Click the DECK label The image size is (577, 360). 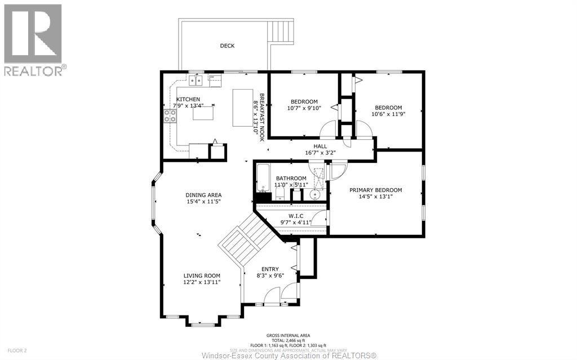click(227, 46)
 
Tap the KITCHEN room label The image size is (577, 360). click(172, 100)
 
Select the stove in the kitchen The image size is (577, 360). click(169, 116)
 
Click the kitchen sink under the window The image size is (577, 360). click(196, 81)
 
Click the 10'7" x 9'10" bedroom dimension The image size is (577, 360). click(304, 108)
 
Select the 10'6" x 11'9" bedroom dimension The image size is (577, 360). click(388, 114)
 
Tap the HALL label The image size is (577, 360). click(320, 146)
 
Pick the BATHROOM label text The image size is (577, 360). click(291, 179)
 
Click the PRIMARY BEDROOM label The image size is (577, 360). click(375, 190)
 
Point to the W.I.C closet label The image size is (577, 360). click(296, 215)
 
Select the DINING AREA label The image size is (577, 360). click(203, 195)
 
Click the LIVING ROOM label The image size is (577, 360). click(201, 275)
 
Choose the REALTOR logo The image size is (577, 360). click(33, 40)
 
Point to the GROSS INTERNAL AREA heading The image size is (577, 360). click(288, 335)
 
